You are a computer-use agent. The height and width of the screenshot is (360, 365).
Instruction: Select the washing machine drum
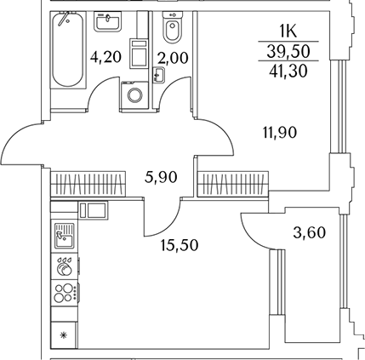click(134, 94)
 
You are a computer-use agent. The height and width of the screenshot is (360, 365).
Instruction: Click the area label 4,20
click(106, 57)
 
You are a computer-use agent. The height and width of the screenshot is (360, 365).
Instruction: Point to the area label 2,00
click(173, 59)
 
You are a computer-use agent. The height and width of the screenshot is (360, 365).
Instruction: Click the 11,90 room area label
click(280, 133)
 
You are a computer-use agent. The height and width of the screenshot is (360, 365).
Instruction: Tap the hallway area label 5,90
click(161, 178)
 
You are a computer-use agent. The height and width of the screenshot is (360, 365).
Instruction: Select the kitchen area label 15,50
click(180, 245)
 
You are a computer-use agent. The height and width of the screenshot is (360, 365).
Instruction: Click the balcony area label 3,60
click(309, 233)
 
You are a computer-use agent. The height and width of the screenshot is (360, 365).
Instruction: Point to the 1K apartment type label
click(288, 31)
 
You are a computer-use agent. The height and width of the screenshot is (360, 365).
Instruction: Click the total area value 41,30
click(288, 71)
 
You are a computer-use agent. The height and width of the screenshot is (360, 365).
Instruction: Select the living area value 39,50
click(288, 51)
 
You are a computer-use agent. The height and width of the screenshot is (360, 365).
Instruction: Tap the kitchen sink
click(64, 236)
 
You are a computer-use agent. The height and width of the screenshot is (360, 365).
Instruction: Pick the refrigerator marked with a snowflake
click(64, 335)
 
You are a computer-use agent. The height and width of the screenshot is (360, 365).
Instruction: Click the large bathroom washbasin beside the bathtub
click(108, 21)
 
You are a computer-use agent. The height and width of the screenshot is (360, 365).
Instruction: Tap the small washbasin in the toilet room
click(158, 75)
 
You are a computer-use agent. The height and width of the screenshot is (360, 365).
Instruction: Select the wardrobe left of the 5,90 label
click(88, 184)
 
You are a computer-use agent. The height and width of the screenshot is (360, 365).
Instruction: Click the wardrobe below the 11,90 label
click(233, 184)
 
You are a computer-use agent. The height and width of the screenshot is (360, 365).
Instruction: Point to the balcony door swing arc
click(249, 237)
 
